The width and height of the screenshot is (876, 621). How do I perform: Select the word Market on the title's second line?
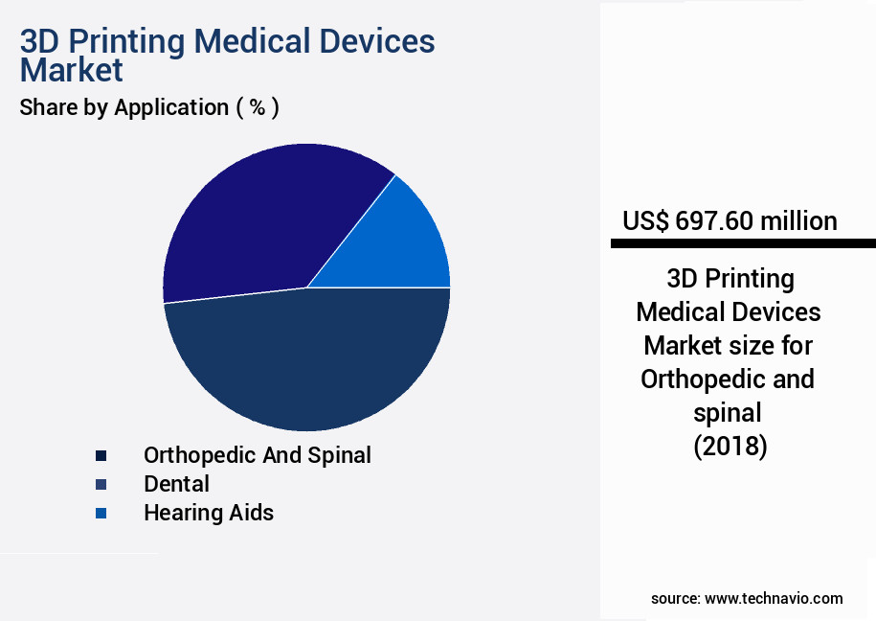point(72,70)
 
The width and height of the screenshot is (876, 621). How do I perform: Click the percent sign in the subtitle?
point(257,107)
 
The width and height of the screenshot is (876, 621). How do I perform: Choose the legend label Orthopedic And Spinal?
point(257,454)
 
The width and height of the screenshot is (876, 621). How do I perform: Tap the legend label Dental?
point(176,484)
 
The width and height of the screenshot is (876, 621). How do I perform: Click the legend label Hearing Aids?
point(208,513)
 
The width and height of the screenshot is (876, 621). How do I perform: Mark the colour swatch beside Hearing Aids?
point(101,514)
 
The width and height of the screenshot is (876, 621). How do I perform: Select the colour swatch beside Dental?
point(101,485)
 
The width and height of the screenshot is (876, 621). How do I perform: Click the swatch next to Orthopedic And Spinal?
point(101,455)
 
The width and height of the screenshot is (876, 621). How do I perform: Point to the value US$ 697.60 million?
point(730,221)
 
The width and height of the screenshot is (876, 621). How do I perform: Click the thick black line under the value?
point(743,244)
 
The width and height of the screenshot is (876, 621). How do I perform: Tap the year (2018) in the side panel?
point(730,447)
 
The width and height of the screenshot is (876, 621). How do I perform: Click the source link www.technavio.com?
point(774,598)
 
